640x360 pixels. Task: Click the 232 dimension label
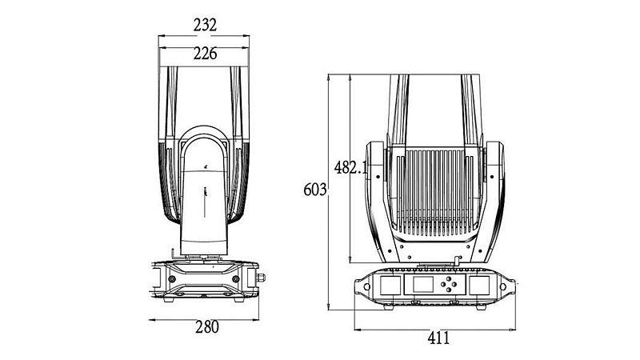[206, 25]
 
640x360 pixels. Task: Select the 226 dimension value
[205, 54]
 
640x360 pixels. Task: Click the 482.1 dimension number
[350, 168]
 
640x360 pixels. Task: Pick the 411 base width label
[438, 338]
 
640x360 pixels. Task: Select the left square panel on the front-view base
[390, 286]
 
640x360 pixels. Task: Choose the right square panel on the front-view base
[485, 286]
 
